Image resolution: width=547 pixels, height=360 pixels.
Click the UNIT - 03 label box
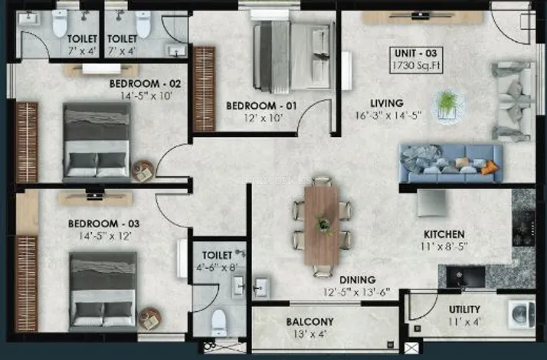416,60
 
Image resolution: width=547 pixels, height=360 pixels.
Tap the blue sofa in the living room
451,163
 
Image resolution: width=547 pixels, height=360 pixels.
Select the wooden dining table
321,226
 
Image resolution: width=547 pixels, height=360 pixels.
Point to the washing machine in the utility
522,315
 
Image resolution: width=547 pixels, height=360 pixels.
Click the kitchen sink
466,277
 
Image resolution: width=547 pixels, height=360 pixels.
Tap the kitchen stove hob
523,227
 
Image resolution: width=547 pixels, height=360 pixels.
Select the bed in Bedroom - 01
293,56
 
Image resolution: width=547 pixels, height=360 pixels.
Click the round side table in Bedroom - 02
142,171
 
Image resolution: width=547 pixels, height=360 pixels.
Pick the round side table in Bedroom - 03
150,319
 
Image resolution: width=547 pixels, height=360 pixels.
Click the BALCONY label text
310,322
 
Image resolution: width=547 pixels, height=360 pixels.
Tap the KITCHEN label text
444,234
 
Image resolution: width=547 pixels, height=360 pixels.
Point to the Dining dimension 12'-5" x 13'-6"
356,293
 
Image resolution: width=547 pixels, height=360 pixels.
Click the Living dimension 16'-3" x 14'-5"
388,115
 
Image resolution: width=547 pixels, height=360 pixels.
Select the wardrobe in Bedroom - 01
204,90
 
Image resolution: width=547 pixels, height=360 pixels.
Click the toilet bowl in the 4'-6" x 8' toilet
219,322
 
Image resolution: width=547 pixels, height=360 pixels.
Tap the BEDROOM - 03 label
104,224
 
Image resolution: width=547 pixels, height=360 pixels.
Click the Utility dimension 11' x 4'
464,321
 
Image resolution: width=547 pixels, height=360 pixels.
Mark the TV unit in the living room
423,17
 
